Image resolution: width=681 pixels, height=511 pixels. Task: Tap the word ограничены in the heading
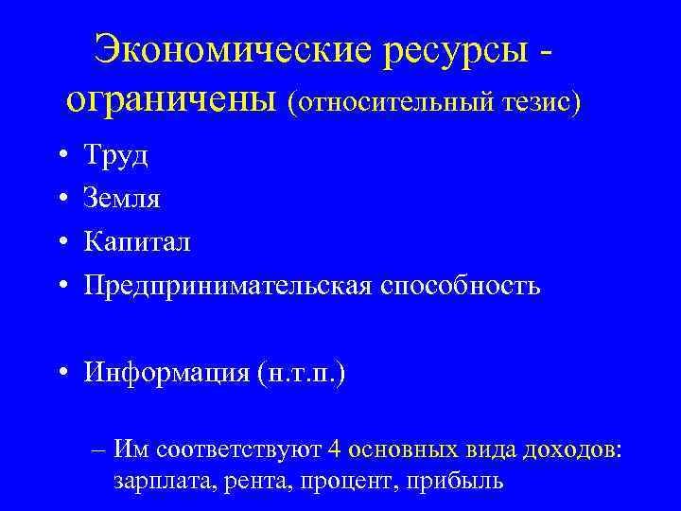tap(174, 99)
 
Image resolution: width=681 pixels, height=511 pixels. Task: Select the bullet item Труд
tap(115, 155)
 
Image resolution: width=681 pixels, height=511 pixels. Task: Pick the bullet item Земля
tap(122, 199)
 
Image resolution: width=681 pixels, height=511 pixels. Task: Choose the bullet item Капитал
tap(137, 242)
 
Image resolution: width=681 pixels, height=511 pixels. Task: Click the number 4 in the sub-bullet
tap(333, 447)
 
